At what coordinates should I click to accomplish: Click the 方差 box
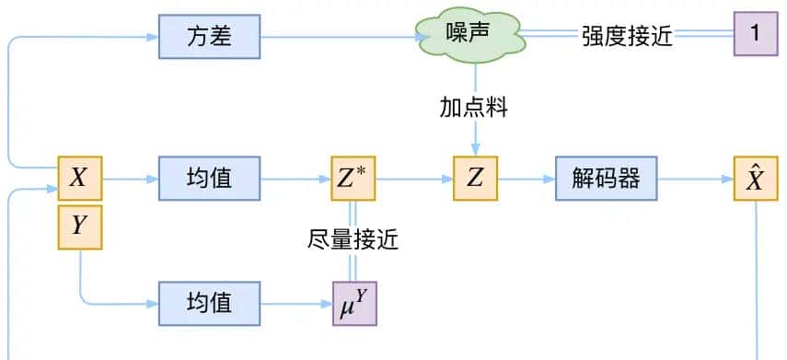coord(209,36)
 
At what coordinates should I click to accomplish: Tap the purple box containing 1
coord(755,35)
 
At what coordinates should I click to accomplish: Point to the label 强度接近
coord(627,36)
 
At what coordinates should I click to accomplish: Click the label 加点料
coord(473,108)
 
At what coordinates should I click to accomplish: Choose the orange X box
coord(79,179)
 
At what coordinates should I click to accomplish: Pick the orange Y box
coord(79,226)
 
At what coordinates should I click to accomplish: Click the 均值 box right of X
coord(209,179)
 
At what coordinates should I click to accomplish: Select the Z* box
coord(354,179)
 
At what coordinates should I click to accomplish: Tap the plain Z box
coord(475,179)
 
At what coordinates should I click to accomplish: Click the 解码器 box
coord(606,179)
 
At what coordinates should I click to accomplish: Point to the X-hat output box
coord(755,179)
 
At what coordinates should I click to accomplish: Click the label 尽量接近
coord(353,239)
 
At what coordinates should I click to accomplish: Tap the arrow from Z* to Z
coord(414,179)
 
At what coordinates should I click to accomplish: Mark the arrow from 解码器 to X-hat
coord(695,179)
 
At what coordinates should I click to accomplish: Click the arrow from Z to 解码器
coord(526,179)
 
